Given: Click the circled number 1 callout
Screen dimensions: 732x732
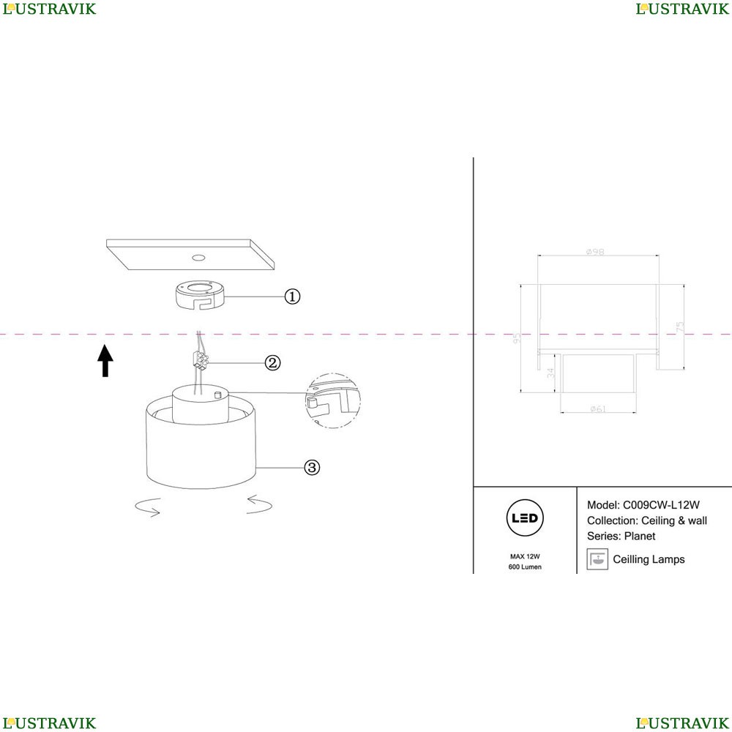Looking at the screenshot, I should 292,296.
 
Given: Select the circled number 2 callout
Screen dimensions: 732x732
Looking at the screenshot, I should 272,362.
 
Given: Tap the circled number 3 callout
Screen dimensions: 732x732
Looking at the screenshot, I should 312,467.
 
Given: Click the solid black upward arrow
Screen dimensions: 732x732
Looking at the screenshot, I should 106,360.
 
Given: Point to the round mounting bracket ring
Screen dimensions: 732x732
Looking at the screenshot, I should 199,295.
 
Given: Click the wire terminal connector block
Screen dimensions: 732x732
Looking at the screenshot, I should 198,359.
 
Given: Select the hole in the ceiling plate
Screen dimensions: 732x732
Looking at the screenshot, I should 198,258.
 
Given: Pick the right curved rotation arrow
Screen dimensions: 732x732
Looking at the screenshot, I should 261,504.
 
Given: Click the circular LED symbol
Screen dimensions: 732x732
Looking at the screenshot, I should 525,518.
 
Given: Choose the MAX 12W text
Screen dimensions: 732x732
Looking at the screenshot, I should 525,557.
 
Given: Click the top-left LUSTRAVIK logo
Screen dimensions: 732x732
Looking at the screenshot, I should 49,9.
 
